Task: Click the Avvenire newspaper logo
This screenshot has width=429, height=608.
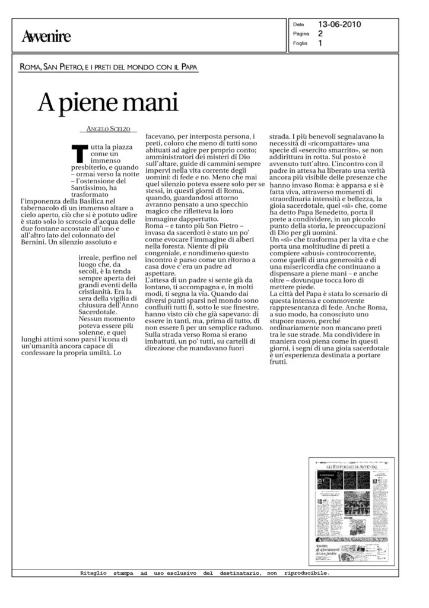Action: (x=46, y=37)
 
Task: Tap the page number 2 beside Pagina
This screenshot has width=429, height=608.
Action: (x=320, y=34)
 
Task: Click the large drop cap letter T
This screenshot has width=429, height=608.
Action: (x=78, y=153)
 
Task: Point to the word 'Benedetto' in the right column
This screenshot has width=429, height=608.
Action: (x=342, y=204)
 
